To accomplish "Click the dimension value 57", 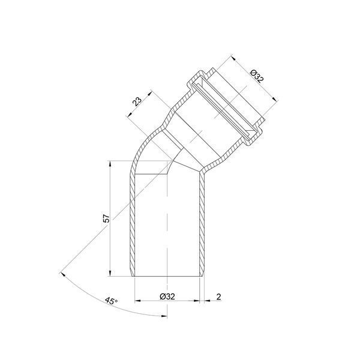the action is pos(106,218).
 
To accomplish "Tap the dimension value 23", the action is pos(137,101).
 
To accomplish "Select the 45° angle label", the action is pos(111,301).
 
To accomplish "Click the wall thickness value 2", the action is pos(218,297).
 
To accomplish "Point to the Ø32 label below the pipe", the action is pos(167,296).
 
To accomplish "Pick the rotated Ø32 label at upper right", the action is pos(257,76).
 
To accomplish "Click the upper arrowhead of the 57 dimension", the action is pos(110,163).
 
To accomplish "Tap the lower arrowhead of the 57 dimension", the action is pos(110,274).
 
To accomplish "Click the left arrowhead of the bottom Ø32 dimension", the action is pos(137,301).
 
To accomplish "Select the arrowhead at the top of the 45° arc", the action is pos(62,274).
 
